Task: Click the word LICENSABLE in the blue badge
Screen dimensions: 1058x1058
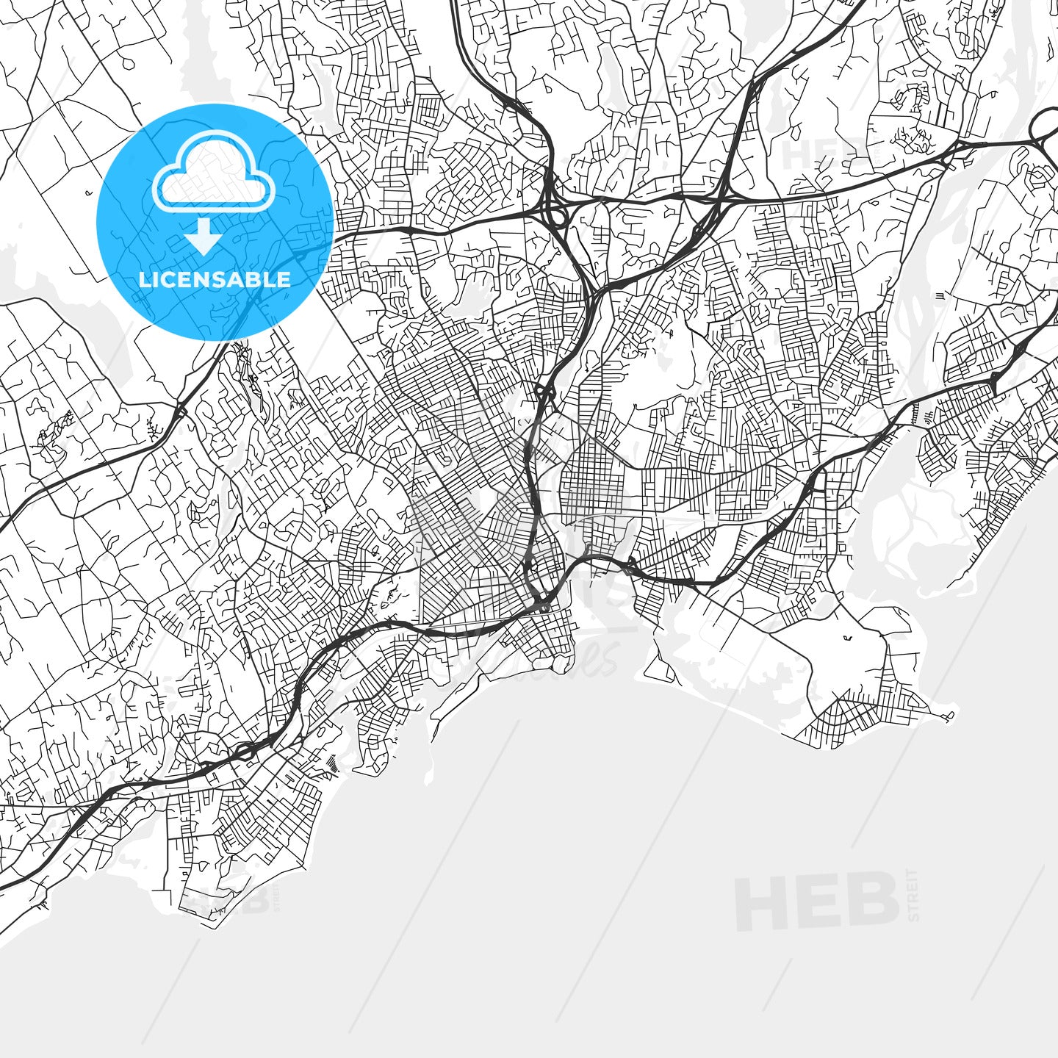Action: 215,280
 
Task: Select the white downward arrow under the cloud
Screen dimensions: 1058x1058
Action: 203,236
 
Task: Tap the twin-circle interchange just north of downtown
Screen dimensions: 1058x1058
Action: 544,391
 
